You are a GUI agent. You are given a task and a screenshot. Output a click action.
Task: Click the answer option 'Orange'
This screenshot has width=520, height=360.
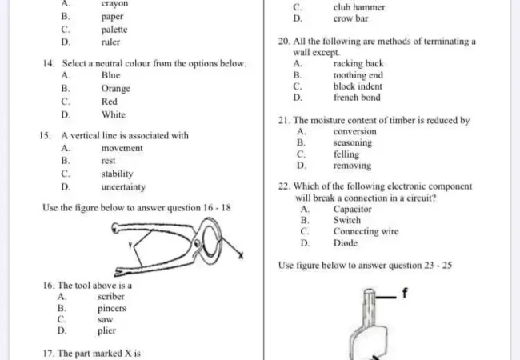115,89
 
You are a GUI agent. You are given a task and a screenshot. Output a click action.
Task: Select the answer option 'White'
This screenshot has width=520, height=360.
113,114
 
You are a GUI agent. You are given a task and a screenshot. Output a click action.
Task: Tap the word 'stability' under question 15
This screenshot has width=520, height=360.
117,174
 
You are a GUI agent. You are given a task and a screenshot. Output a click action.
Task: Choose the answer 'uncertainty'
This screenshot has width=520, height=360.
123,186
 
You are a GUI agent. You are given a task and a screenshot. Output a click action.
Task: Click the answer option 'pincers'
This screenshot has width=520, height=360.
112,307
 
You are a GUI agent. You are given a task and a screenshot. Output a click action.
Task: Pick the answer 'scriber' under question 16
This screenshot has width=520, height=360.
111,296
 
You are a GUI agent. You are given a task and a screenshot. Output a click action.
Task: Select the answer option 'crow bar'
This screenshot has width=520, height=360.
350,18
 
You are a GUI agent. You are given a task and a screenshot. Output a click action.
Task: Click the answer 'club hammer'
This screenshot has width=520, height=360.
358,7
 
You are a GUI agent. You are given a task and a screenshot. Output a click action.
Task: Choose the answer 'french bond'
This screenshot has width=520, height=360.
357,98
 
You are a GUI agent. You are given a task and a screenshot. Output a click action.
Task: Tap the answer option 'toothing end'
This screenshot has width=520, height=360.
358,75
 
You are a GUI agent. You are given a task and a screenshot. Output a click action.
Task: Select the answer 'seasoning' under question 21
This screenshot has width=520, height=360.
352,143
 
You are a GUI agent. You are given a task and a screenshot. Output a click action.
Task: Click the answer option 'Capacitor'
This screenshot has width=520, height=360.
352,209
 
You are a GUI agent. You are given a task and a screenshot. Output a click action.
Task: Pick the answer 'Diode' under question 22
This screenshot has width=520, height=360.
346,243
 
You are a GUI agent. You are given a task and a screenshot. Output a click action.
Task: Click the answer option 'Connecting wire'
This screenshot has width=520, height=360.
366,232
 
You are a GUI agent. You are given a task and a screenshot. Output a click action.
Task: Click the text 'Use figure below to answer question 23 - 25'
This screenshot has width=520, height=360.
365,265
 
